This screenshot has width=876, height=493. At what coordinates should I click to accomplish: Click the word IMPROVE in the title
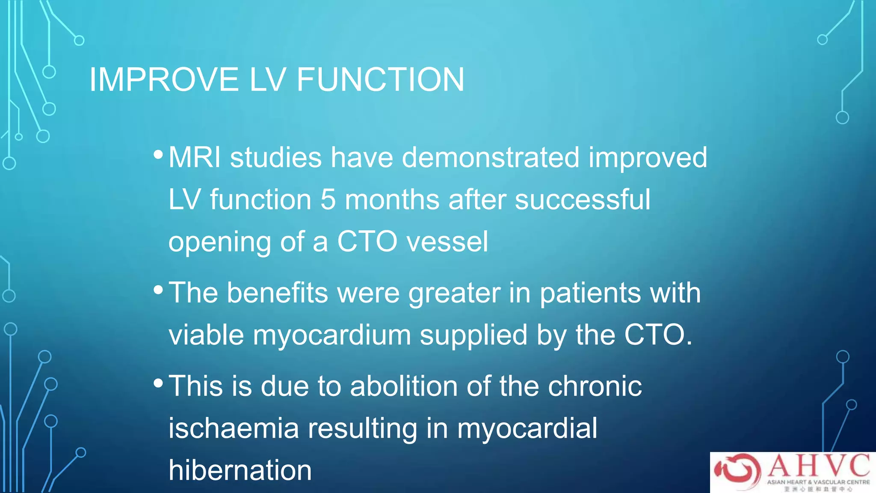pyautogui.click(x=164, y=80)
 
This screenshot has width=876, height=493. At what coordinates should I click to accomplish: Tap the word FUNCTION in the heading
pyautogui.click(x=380, y=80)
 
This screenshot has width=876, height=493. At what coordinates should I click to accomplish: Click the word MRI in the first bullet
pyautogui.click(x=195, y=157)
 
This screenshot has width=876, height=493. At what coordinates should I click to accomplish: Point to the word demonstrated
pyautogui.click(x=491, y=157)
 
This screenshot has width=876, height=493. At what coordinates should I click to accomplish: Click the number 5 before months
pyautogui.click(x=328, y=199)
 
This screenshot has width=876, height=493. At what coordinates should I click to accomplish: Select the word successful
pyautogui.click(x=582, y=199)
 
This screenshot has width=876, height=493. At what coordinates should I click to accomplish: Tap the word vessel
pyautogui.click(x=447, y=242)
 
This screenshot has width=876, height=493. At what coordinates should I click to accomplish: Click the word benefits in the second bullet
pyautogui.click(x=277, y=293)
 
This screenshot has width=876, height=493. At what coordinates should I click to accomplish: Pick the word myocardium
pyautogui.click(x=332, y=335)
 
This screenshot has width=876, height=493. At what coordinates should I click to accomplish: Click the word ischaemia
pyautogui.click(x=234, y=428)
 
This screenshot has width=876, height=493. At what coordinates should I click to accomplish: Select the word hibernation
pyautogui.click(x=240, y=470)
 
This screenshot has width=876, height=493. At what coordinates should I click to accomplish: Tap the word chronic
pyautogui.click(x=595, y=386)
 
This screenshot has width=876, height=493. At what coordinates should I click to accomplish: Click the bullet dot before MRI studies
pyautogui.click(x=158, y=154)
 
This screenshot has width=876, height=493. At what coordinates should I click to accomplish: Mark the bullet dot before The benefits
pyautogui.click(x=158, y=290)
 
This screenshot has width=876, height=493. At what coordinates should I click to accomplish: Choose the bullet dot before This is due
pyautogui.click(x=158, y=383)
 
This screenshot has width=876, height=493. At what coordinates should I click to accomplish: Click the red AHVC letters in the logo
pyautogui.click(x=819, y=466)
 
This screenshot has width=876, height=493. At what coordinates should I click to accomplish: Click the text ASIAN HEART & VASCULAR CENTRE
pyautogui.click(x=818, y=482)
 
